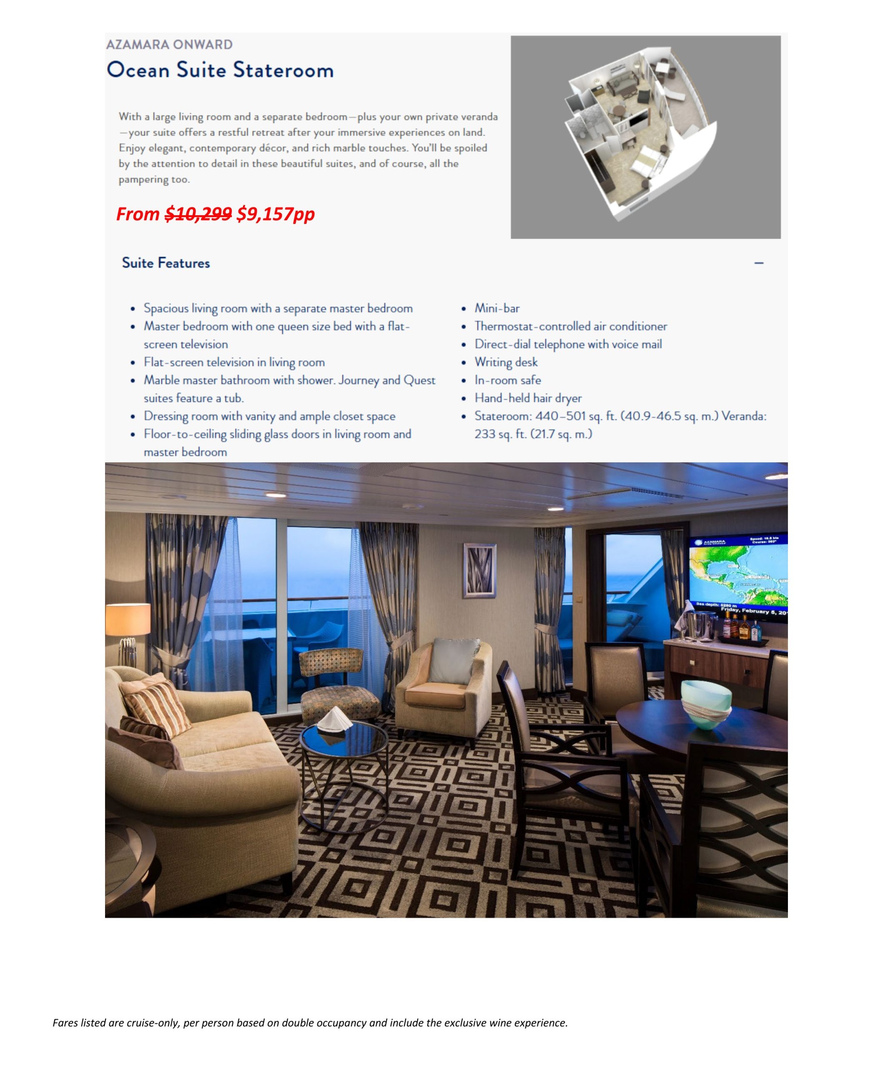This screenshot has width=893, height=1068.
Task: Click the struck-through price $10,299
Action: tap(198, 214)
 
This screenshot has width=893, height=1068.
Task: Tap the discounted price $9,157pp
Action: tap(276, 214)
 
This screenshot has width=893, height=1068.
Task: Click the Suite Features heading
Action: tap(166, 263)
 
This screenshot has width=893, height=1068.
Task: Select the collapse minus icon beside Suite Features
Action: tap(758, 263)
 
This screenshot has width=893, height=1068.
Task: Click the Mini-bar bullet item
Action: tap(497, 308)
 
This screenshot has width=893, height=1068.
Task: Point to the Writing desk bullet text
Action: tap(506, 362)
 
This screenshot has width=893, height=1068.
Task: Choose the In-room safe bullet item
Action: tap(507, 380)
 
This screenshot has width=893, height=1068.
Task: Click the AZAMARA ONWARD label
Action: tap(169, 45)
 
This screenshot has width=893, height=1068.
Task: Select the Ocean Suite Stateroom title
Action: tap(220, 70)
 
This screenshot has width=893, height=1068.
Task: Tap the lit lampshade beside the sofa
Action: tap(128, 618)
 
